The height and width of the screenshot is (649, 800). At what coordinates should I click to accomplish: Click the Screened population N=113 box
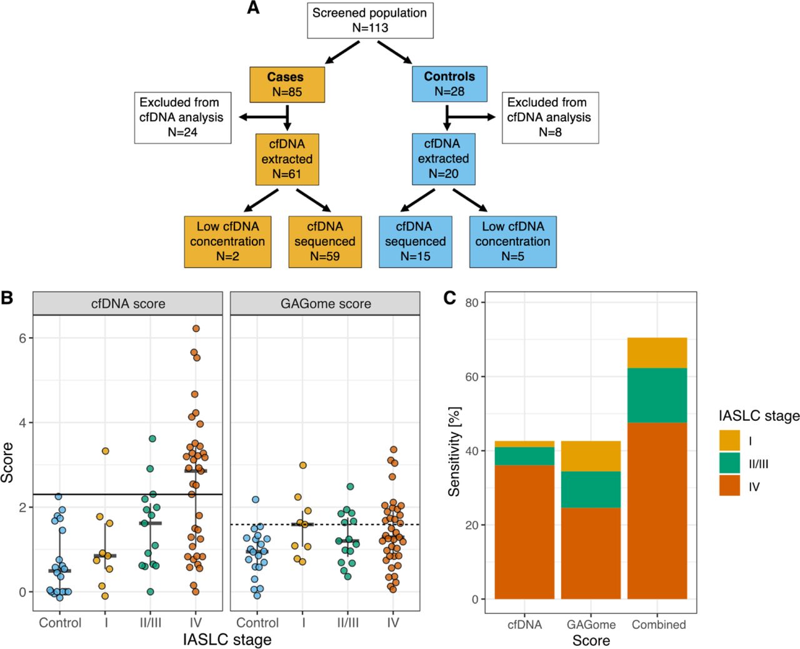point(370,20)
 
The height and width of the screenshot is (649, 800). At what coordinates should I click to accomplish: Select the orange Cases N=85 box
point(287,84)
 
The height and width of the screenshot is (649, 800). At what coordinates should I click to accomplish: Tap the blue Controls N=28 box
point(449,84)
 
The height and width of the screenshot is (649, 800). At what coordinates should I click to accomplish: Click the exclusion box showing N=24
point(182,118)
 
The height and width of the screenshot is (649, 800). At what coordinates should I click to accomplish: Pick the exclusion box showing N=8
point(550,118)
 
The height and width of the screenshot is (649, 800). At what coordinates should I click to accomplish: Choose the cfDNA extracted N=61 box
point(287,159)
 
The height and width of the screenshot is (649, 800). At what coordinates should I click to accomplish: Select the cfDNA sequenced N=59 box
point(325,241)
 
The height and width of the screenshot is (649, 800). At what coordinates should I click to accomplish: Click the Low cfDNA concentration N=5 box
point(512,241)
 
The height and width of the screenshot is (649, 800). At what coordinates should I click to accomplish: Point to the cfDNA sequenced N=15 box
point(416,241)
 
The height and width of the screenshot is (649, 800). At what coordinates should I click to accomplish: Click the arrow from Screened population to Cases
point(342,53)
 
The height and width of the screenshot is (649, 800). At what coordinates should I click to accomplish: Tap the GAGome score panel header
point(325,303)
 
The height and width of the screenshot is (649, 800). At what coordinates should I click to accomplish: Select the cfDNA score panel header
point(127,303)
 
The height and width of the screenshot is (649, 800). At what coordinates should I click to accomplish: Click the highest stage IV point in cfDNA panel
point(196,328)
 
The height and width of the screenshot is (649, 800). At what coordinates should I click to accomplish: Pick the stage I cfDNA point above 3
point(106,451)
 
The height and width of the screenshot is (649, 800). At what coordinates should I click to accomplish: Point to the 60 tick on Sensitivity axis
point(472,377)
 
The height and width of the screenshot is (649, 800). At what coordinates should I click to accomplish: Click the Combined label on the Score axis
point(659,624)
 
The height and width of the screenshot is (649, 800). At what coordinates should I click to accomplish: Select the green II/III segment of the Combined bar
point(657,395)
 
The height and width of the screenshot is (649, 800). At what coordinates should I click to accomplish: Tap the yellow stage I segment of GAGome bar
point(591,456)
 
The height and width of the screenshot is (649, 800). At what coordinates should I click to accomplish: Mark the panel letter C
point(449,298)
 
